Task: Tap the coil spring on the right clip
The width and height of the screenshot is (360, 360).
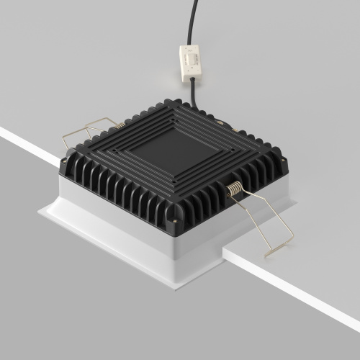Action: tap(235, 191)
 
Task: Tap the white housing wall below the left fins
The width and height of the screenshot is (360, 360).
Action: tap(108, 216)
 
